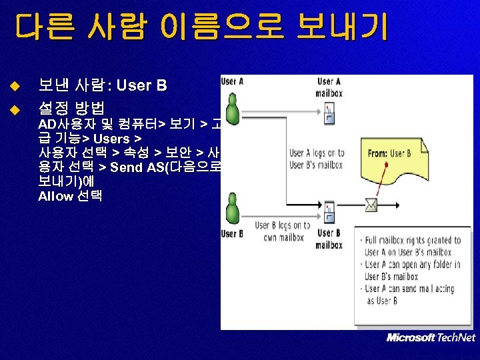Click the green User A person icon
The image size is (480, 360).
click(233, 110)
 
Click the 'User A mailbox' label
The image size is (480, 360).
click(329, 87)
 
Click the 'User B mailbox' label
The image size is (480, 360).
click(329, 239)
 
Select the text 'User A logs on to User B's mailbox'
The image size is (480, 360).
click(317, 159)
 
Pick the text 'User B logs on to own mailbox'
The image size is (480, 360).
click(283, 231)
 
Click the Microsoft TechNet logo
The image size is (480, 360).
click(431, 337)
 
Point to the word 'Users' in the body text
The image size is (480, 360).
click(111, 139)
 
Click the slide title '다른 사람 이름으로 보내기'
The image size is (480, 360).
click(201, 29)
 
